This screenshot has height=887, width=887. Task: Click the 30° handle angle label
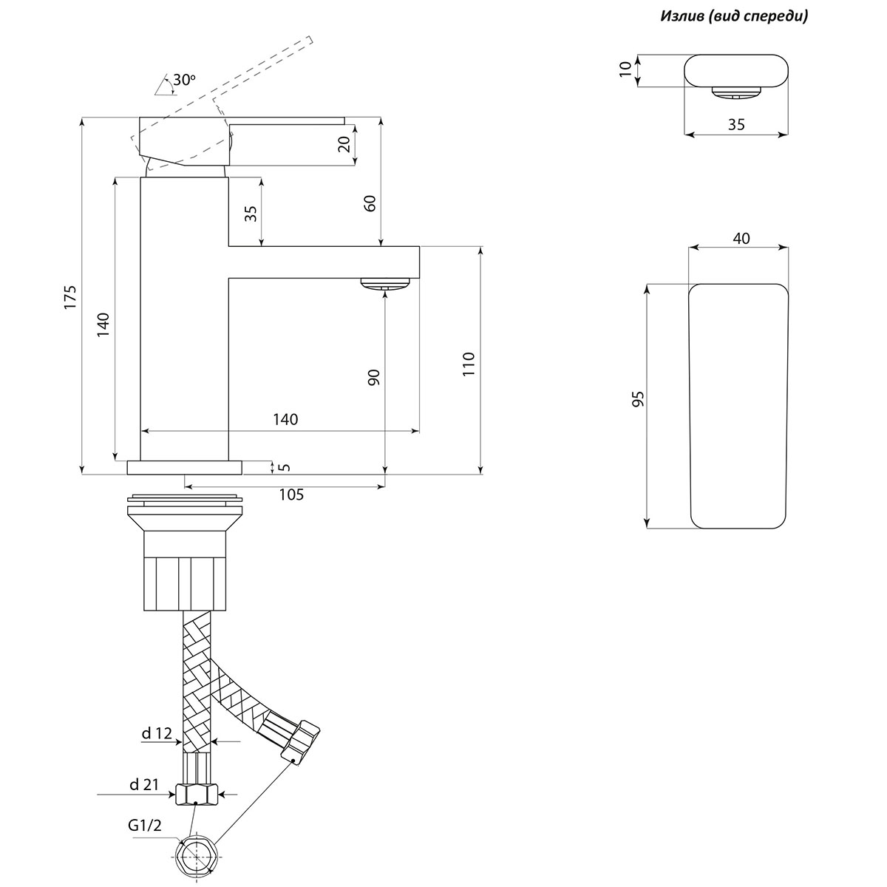pyautogui.click(x=185, y=79)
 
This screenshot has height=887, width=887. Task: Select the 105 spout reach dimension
pyautogui.click(x=291, y=495)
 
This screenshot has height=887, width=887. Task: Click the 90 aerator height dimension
pyautogui.click(x=373, y=376)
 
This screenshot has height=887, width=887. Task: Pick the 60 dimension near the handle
pyautogui.click(x=370, y=203)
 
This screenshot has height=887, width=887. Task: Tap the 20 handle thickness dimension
pyautogui.click(x=343, y=145)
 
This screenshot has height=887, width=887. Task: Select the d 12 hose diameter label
pyautogui.click(x=157, y=733)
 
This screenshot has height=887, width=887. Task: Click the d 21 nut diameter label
pyautogui.click(x=145, y=785)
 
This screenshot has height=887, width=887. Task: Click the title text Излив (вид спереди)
pyautogui.click(x=734, y=16)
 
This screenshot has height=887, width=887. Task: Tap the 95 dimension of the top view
pyautogui.click(x=639, y=399)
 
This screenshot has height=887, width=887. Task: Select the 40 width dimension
pyautogui.click(x=741, y=238)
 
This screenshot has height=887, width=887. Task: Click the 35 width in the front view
pyautogui.click(x=736, y=125)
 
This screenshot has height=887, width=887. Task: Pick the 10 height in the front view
pyautogui.click(x=626, y=69)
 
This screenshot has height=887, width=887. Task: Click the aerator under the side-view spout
pyautogui.click(x=384, y=284)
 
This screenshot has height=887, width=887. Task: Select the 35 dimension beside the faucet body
pyautogui.click(x=251, y=213)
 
